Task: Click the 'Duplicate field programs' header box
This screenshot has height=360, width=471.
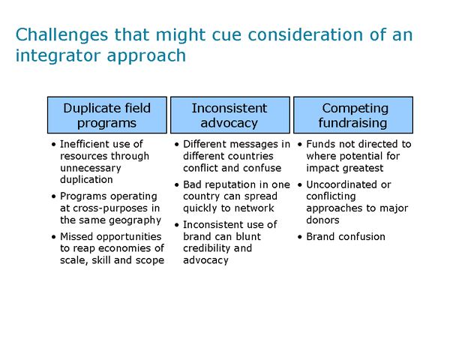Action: (107, 115)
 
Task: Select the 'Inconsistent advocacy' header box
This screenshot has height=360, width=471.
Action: (230, 115)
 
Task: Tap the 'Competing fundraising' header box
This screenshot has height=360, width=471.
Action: (353, 115)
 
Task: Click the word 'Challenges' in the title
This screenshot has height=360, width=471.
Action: (61, 35)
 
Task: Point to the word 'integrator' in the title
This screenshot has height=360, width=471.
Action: (59, 56)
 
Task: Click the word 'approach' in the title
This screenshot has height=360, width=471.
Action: (146, 57)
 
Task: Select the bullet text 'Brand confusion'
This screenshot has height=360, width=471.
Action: (346, 237)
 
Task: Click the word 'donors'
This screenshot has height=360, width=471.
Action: (322, 220)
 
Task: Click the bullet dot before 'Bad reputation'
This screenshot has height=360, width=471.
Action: (177, 184)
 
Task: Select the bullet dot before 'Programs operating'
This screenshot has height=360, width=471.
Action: (53, 196)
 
